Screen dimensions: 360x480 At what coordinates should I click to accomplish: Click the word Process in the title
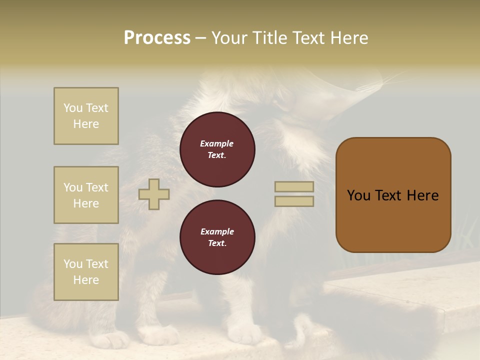pyautogui.click(x=157, y=37)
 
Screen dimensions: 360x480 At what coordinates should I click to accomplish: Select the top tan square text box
pyautogui.click(x=86, y=116)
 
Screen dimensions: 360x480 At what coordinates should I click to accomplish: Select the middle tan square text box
pyautogui.click(x=86, y=195)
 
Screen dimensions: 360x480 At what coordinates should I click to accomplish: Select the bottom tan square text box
pyautogui.click(x=86, y=272)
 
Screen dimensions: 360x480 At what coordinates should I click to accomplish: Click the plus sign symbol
pyautogui.click(x=154, y=194)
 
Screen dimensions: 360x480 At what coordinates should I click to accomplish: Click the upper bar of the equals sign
pyautogui.click(x=294, y=187)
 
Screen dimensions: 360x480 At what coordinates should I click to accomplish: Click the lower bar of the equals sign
pyautogui.click(x=294, y=201)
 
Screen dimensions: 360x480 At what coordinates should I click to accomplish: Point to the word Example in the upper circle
pyautogui.click(x=217, y=143)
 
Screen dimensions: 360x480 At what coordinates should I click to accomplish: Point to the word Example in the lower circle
pyautogui.click(x=217, y=231)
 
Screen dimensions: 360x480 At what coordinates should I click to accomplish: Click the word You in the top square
pyautogui.click(x=73, y=108)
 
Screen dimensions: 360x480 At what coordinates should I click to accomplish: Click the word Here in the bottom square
pyautogui.click(x=86, y=280)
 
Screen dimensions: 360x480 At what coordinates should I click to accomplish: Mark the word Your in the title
pyautogui.click(x=228, y=38)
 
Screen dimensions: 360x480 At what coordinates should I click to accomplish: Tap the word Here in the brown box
pyautogui.click(x=422, y=195)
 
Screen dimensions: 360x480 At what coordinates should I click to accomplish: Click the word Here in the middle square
pyautogui.click(x=86, y=203)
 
